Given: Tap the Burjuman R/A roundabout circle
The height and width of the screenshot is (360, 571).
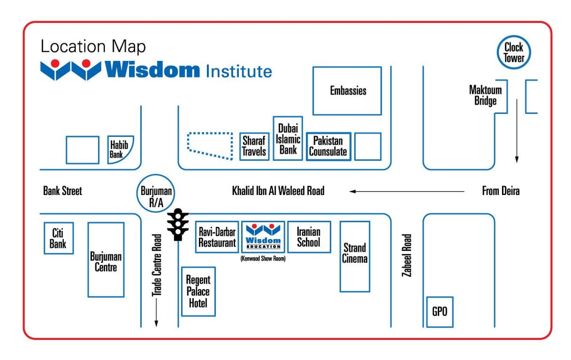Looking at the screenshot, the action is (138, 194).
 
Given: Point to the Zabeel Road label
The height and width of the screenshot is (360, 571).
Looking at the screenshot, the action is (407, 255).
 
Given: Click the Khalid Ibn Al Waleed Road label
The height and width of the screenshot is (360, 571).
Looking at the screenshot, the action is (278, 191).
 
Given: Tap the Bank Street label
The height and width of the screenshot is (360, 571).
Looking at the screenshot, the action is (62, 191).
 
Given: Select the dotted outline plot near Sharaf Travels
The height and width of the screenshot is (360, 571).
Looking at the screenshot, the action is (187, 143).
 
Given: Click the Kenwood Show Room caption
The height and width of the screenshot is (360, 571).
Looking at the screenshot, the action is (263, 259).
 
